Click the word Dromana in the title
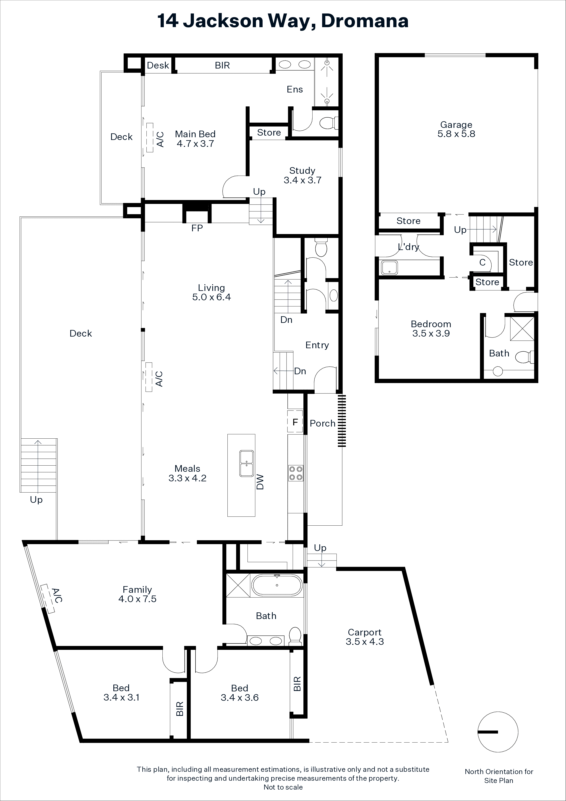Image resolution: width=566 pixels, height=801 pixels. tap(365, 21)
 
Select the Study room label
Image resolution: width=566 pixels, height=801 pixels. tap(302, 171)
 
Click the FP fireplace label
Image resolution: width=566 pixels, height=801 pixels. tap(197, 228)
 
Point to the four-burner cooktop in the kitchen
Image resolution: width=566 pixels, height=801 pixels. tap(295, 473)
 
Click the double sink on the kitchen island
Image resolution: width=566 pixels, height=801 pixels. tap(246, 463)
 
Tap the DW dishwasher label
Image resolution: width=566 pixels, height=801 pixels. tap(260, 482)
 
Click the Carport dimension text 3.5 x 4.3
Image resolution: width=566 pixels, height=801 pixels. tap(365, 642)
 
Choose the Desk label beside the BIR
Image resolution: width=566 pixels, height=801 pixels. tap(158, 65)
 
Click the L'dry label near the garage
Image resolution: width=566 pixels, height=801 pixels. tap(408, 247)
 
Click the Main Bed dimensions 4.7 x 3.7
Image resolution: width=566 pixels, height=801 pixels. tap(195, 144)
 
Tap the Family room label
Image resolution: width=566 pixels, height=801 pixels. tap(137, 590)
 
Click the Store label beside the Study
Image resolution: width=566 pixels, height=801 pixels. tap(269, 133)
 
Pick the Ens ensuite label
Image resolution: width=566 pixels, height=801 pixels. tap(295, 89)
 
